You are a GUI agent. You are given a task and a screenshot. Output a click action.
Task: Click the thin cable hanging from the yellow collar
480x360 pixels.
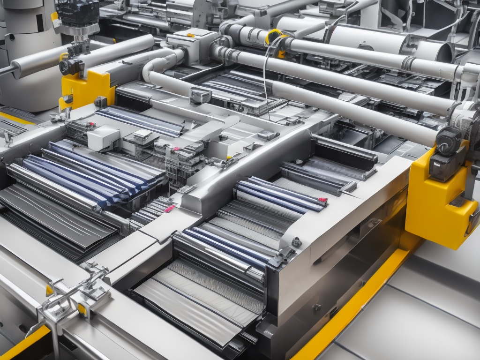point(265,84)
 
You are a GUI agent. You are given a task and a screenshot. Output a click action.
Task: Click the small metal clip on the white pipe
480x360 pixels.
point(200,96)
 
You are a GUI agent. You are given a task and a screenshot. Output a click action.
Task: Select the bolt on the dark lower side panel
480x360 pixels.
point(317,307)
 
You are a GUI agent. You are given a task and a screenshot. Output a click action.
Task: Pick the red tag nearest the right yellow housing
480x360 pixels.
point(322,201)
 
